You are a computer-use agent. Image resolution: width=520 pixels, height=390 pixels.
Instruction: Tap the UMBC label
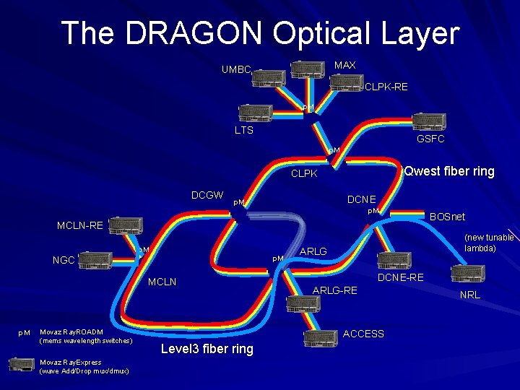[x=236, y=70]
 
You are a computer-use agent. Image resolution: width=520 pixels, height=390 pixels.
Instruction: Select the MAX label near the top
[x=345, y=66]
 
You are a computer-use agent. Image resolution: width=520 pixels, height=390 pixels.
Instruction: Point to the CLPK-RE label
[x=386, y=87]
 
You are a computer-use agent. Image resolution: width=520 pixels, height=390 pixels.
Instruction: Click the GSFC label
[x=430, y=139]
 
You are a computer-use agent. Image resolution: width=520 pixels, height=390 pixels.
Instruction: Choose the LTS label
[x=244, y=131]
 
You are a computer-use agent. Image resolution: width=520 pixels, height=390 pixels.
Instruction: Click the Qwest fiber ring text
[x=450, y=171]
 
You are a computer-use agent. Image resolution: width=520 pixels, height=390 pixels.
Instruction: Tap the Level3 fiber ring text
[x=207, y=350]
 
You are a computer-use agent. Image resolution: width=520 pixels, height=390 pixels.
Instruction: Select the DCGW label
[x=207, y=195]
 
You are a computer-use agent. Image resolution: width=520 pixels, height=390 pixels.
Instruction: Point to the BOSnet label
[x=448, y=217]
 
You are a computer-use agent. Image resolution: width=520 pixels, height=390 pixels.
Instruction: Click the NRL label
[x=469, y=295]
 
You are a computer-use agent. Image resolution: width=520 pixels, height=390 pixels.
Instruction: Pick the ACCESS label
[x=363, y=334]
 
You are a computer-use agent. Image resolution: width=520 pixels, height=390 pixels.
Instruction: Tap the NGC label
[x=63, y=261]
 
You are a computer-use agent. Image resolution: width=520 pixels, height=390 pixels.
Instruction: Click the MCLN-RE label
[x=80, y=226]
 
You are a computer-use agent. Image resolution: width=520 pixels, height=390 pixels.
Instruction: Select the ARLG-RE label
[x=334, y=290]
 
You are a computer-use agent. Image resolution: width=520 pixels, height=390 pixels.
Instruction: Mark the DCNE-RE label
[x=401, y=277]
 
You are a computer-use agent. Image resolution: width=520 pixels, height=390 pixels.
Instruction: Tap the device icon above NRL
[x=468, y=274]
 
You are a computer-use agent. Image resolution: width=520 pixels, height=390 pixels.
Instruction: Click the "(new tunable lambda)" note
[x=489, y=243]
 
